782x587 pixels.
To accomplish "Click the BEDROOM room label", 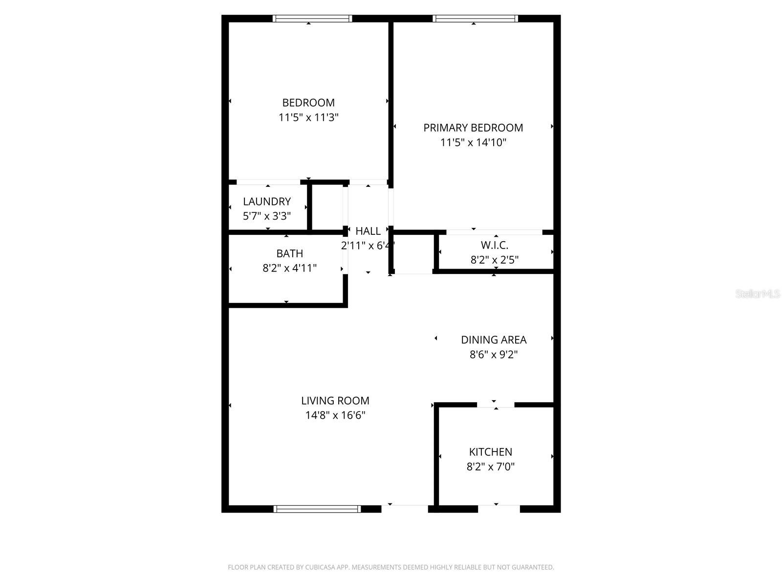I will click(x=308, y=103).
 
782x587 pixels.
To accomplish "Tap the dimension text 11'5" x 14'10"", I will click(x=473, y=143).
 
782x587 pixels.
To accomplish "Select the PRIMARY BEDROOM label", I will click(x=473, y=128).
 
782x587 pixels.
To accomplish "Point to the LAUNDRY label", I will click(x=267, y=202).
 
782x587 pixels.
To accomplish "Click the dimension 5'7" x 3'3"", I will click(x=267, y=216).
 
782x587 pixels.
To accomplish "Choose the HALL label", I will click(x=368, y=231).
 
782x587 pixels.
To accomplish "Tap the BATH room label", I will click(x=290, y=253).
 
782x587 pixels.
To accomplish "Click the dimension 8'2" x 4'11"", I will click(x=290, y=268).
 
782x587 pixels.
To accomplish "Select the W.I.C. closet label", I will click(x=495, y=245).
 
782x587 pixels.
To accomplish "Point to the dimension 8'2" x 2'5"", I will click(x=495, y=260).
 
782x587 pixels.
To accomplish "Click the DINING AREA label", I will click(x=494, y=339).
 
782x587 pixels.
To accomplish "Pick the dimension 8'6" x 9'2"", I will click(x=494, y=354).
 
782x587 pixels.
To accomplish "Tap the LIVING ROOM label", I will click(x=335, y=401).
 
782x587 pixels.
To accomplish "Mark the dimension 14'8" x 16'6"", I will click(x=335, y=415).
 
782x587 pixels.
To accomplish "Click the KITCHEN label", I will click(x=491, y=452).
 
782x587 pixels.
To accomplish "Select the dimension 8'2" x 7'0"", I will click(x=491, y=467).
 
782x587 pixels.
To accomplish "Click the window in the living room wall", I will click(x=317, y=509).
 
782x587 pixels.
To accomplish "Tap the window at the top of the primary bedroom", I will click(x=475, y=19).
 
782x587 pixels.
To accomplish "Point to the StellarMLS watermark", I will click(x=758, y=294).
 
